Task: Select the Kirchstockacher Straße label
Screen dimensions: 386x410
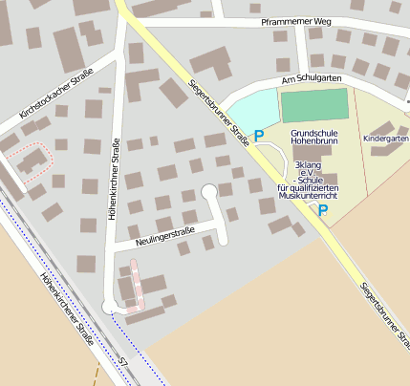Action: (x=55, y=95)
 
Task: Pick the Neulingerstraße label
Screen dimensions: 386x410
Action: (x=160, y=233)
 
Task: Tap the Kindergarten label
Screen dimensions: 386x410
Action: (x=386, y=139)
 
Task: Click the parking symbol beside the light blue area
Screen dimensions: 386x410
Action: (x=258, y=137)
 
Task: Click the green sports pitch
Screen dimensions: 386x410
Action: (x=314, y=105)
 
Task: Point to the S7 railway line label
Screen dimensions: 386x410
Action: (x=122, y=361)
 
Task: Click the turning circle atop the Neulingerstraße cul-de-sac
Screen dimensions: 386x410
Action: (x=209, y=192)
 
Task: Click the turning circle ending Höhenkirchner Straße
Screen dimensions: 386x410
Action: (x=109, y=307)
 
